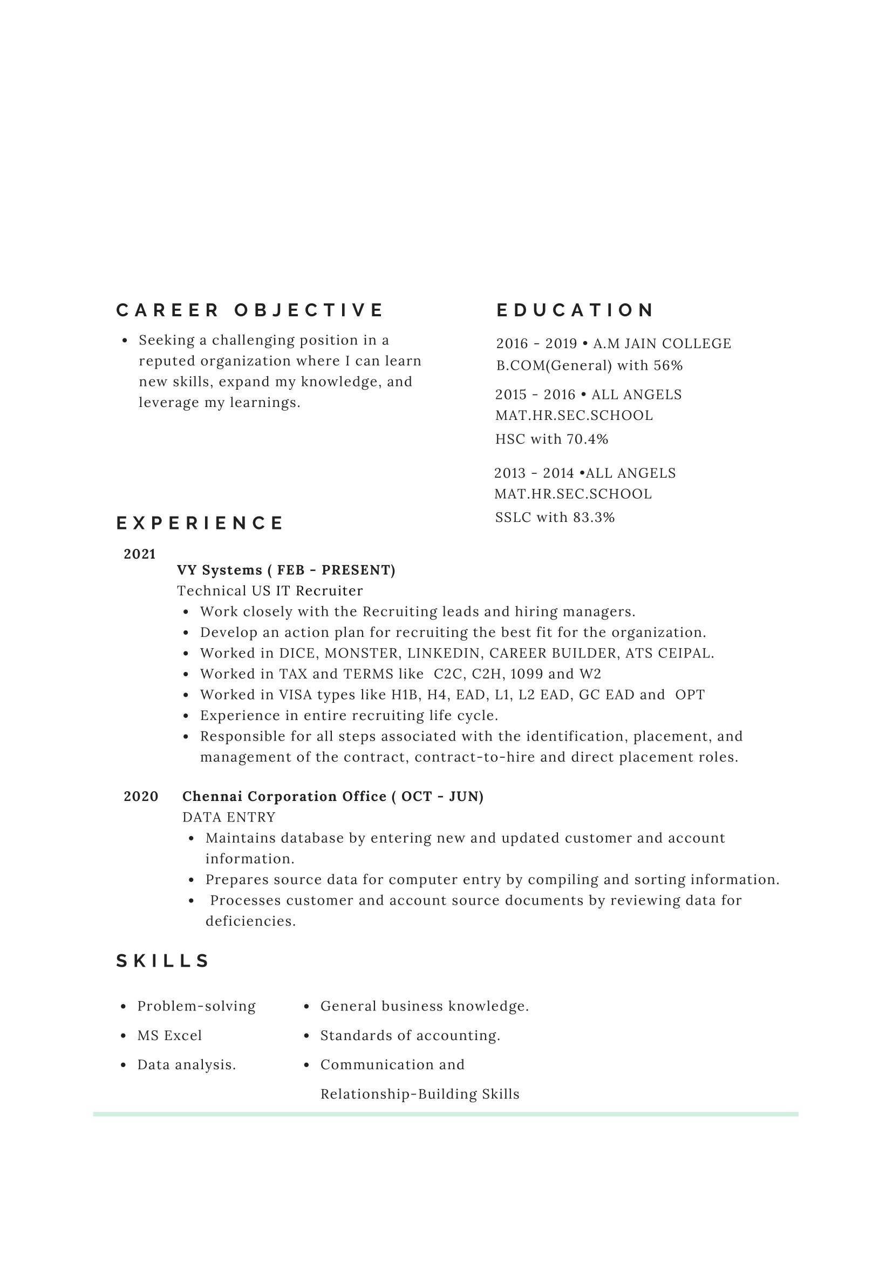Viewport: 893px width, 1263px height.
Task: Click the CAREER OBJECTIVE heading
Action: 249,310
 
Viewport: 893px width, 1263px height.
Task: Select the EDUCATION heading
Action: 575,310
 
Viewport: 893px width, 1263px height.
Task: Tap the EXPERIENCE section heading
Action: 200,522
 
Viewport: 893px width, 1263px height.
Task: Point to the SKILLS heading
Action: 163,961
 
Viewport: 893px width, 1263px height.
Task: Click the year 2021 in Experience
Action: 140,554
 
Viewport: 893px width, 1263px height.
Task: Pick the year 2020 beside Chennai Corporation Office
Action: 141,797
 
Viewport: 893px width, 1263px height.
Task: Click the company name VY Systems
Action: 220,570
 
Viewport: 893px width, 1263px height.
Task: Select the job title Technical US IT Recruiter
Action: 270,591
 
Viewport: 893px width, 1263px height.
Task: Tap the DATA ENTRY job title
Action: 229,817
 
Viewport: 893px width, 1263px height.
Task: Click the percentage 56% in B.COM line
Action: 668,366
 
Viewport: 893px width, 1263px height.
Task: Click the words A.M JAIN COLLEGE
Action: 662,344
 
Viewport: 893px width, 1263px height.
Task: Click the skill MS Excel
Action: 169,1036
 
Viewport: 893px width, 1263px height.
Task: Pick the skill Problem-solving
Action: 196,1007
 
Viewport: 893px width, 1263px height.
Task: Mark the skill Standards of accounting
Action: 410,1036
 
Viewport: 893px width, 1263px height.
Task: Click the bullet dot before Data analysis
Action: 123,1065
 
